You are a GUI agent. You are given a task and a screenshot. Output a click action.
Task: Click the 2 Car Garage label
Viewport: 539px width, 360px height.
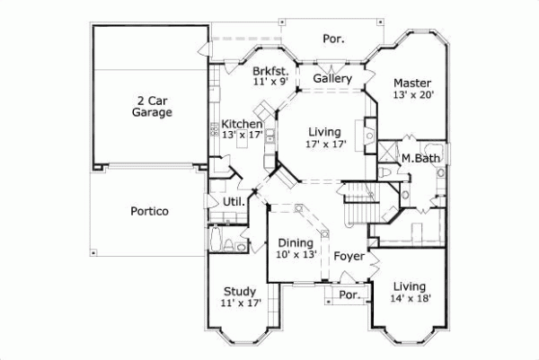151,106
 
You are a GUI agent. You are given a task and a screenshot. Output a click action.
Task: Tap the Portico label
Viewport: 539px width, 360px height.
148,211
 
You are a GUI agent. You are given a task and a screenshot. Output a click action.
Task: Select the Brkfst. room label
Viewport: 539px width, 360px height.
269,70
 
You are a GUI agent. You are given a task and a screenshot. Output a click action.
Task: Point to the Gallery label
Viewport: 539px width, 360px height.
331,79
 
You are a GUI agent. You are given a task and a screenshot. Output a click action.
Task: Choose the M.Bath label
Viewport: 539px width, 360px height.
418,159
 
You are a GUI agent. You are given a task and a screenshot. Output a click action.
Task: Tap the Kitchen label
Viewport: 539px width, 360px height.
242,124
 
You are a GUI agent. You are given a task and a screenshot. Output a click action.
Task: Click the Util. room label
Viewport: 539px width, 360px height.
234,201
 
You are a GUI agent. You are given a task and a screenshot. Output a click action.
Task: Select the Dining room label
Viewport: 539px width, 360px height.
295,242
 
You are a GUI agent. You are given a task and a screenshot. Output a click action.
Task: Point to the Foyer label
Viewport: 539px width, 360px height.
349,257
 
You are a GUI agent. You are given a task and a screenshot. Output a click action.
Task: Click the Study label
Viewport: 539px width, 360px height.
241,291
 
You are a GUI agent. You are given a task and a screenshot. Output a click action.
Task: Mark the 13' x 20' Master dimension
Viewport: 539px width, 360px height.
412,95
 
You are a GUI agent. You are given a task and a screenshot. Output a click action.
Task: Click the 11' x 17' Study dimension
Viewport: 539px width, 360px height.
241,303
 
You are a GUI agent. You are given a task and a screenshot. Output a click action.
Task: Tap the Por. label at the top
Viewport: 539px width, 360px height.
333,39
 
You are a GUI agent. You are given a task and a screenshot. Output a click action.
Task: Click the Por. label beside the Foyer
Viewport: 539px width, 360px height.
349,294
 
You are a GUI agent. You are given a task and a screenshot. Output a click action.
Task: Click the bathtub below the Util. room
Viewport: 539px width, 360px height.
216,241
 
